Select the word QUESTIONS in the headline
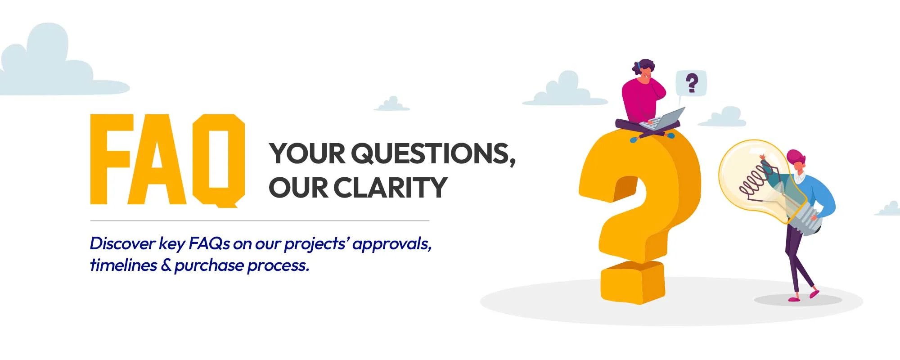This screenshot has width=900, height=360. (x=433, y=154)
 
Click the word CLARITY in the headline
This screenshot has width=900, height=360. (x=390, y=187)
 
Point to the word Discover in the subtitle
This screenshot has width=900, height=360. (x=122, y=243)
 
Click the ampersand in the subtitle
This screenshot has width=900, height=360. (x=166, y=265)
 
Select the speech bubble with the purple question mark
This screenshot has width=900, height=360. (x=691, y=84)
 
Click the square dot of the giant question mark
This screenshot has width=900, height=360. (x=633, y=283)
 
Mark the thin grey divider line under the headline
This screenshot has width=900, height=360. (x=260, y=221)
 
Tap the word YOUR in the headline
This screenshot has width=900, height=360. (x=307, y=153)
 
